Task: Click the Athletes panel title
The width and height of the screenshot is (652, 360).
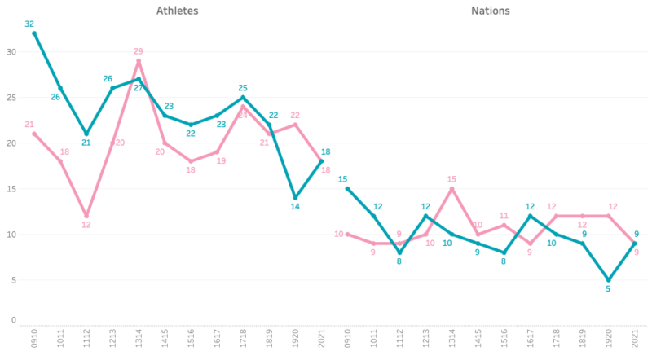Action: point(178,11)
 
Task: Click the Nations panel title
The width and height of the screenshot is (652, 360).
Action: point(491,11)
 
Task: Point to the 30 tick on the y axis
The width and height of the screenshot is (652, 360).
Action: point(11,51)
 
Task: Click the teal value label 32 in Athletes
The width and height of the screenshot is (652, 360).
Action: point(29,24)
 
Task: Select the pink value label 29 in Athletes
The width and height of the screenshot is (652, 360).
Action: point(139,51)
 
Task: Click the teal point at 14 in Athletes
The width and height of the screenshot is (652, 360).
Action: point(295,197)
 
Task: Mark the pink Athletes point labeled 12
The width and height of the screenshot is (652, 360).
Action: point(86,216)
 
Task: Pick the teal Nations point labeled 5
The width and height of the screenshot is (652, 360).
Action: point(608,279)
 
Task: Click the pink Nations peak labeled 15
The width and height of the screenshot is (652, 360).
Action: point(452,188)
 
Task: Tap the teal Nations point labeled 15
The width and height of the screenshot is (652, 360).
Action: point(347,188)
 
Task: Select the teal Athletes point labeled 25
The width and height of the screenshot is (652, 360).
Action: point(243,97)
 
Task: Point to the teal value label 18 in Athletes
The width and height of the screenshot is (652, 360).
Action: point(325,152)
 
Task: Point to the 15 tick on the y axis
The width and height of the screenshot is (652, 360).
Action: point(11,188)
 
